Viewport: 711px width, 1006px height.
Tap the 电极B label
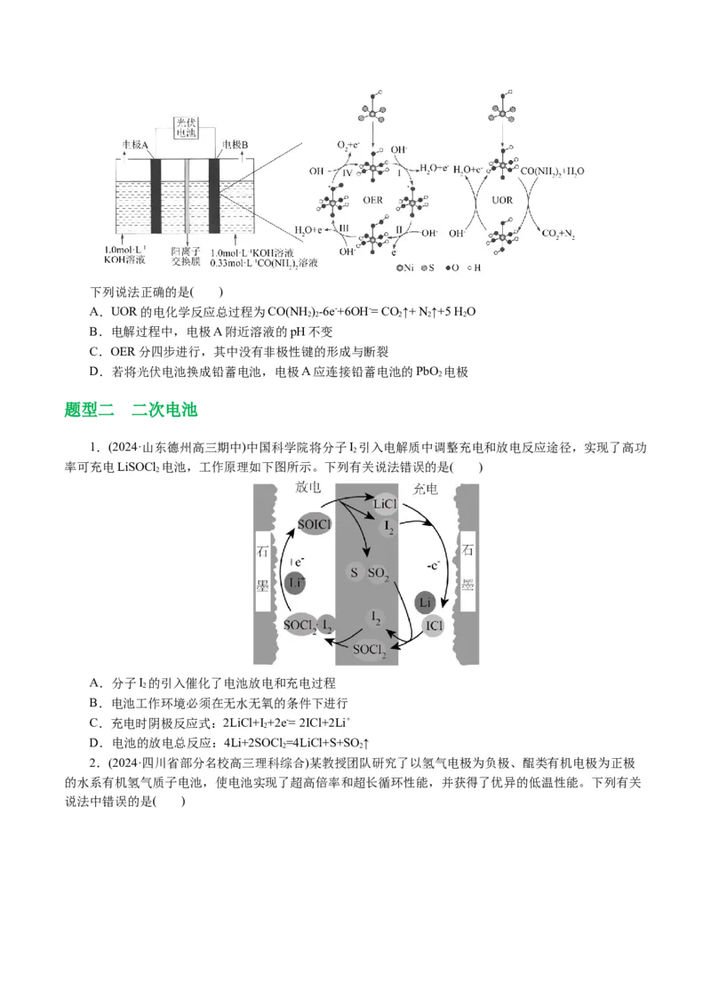235,143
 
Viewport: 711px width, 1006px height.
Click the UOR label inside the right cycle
503,202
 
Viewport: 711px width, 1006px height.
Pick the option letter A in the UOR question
95,311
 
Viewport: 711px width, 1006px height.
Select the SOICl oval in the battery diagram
315,524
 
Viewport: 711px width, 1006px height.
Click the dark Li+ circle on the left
297,582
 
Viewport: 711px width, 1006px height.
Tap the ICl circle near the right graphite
435,626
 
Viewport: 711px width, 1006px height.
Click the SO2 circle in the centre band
378,574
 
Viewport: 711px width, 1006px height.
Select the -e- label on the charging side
432,564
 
